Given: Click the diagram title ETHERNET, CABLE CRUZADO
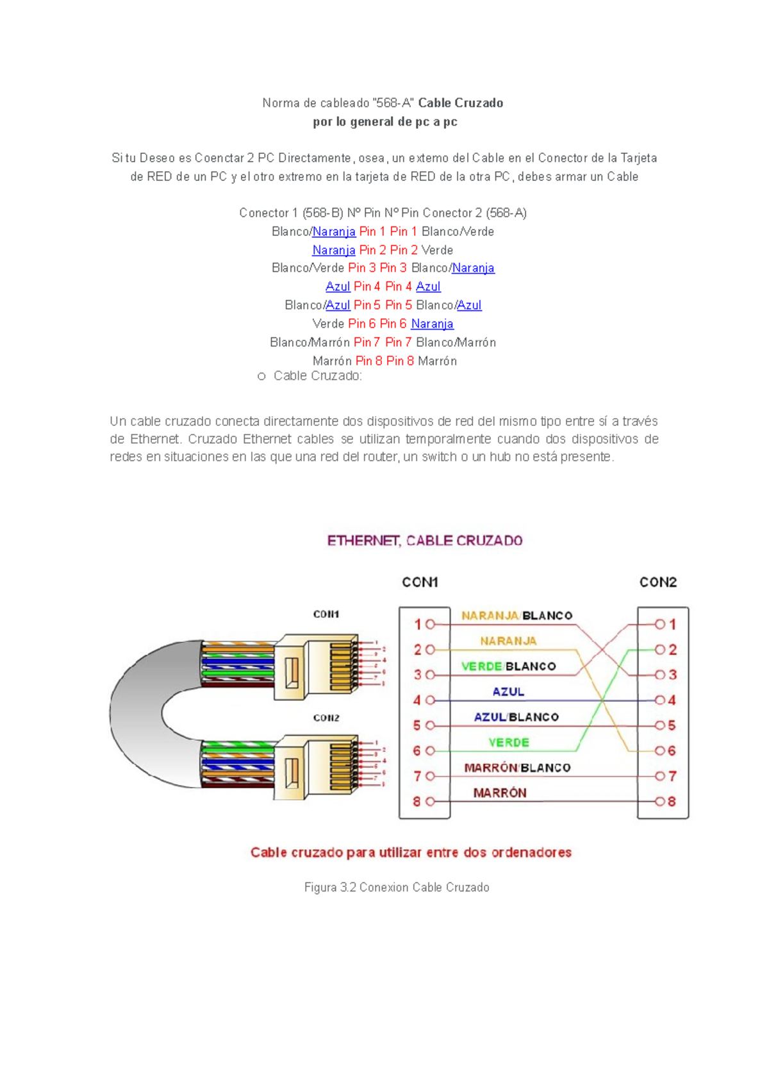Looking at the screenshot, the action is point(425,541).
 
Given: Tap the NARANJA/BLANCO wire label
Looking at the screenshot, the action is point(517,616).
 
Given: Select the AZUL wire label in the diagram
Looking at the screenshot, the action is point(508,692).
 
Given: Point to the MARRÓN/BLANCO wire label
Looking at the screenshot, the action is point(517,768).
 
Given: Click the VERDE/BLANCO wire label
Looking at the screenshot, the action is point(508,666).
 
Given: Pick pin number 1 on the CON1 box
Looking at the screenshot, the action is point(417,624).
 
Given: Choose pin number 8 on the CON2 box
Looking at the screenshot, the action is point(672,802).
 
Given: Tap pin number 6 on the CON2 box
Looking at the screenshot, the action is point(672,751).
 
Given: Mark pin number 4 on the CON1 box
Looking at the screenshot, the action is point(417,700).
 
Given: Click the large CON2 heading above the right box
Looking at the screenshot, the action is point(658,582).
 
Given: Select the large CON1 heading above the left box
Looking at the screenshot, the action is point(420,582).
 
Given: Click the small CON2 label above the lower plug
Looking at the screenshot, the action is point(326,718).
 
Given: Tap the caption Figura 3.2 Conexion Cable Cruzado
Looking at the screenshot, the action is point(397,888).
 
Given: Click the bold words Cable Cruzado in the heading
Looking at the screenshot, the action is point(460,103).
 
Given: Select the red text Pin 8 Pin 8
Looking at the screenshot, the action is point(384,361).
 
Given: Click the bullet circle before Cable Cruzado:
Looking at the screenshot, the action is point(261,376).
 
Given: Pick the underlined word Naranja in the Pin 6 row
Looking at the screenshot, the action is point(432,324).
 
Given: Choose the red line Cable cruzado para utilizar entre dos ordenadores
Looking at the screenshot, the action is point(411,852).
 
